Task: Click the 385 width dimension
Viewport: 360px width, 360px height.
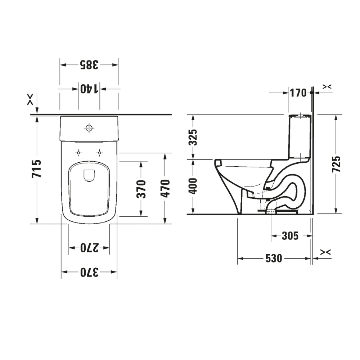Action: pos(89,65)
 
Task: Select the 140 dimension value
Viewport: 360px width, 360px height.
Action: pos(89,89)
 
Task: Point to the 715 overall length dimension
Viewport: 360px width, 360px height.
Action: pos(37,168)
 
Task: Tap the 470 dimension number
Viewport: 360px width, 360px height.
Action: pos(165,188)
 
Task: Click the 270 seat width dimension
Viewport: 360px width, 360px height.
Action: pos(89,248)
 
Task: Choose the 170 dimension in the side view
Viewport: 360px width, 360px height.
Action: pos(298,93)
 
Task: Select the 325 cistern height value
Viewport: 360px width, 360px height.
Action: pos(194,137)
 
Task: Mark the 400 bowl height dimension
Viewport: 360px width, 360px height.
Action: pos(194,186)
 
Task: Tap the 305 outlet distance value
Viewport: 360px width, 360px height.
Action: pos(290,236)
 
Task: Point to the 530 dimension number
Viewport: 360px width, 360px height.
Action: pos(274,258)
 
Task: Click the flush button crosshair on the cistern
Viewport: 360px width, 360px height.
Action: pos(89,128)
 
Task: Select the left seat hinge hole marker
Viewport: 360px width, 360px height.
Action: pos(78,153)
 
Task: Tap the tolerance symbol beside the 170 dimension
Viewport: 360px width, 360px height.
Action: pos(327,87)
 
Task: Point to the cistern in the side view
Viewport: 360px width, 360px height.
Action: pos(300,137)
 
